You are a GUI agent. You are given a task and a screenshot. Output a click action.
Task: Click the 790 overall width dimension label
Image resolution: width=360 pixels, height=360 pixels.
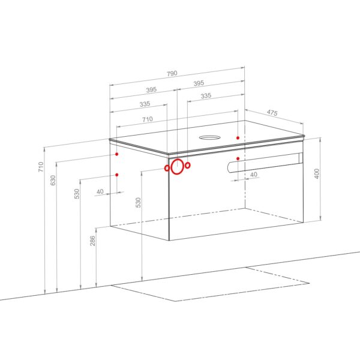[172, 73]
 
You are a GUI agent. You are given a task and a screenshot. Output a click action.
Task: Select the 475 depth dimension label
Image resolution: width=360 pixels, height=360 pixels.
[272, 113]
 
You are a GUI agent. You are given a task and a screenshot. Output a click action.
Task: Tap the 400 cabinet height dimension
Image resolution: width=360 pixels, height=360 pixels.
[317, 173]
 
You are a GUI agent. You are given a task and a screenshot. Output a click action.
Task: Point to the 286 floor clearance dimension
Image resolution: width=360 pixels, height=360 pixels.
[92, 241]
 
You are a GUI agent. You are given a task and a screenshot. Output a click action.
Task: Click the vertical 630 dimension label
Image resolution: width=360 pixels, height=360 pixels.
[53, 180]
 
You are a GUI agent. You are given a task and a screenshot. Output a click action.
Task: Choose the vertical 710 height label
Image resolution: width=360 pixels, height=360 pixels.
[41, 167]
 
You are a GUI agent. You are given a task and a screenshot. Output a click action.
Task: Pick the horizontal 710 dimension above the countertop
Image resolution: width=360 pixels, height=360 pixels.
[147, 119]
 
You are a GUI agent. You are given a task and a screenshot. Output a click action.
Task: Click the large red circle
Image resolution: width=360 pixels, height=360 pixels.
[177, 167]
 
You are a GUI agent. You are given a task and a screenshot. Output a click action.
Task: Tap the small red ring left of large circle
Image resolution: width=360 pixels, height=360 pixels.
[167, 168]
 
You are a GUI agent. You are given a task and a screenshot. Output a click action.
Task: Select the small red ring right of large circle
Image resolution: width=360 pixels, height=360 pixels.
[188, 165]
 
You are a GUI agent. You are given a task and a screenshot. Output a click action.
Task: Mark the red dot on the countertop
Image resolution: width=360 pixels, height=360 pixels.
[238, 138]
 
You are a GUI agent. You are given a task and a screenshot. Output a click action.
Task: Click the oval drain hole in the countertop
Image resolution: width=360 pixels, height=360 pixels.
[209, 138]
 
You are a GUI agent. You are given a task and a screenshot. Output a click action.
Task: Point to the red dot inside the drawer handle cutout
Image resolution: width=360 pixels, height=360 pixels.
[238, 158]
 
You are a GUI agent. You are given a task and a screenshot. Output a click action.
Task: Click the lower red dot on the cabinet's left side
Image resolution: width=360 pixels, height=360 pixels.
[117, 175]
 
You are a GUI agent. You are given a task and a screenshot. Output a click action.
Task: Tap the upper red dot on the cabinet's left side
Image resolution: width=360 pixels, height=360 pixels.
[116, 154]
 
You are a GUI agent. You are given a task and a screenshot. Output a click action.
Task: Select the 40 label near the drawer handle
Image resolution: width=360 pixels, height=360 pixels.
[254, 175]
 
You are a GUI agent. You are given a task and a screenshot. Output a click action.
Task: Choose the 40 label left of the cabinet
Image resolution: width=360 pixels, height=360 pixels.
[100, 191]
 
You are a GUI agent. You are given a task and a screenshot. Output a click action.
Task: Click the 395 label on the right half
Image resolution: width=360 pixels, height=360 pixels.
[199, 83]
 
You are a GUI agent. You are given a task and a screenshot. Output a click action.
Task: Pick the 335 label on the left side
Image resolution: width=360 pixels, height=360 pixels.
[145, 104]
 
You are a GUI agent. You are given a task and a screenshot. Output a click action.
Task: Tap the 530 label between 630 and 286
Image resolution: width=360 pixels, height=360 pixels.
[77, 194]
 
